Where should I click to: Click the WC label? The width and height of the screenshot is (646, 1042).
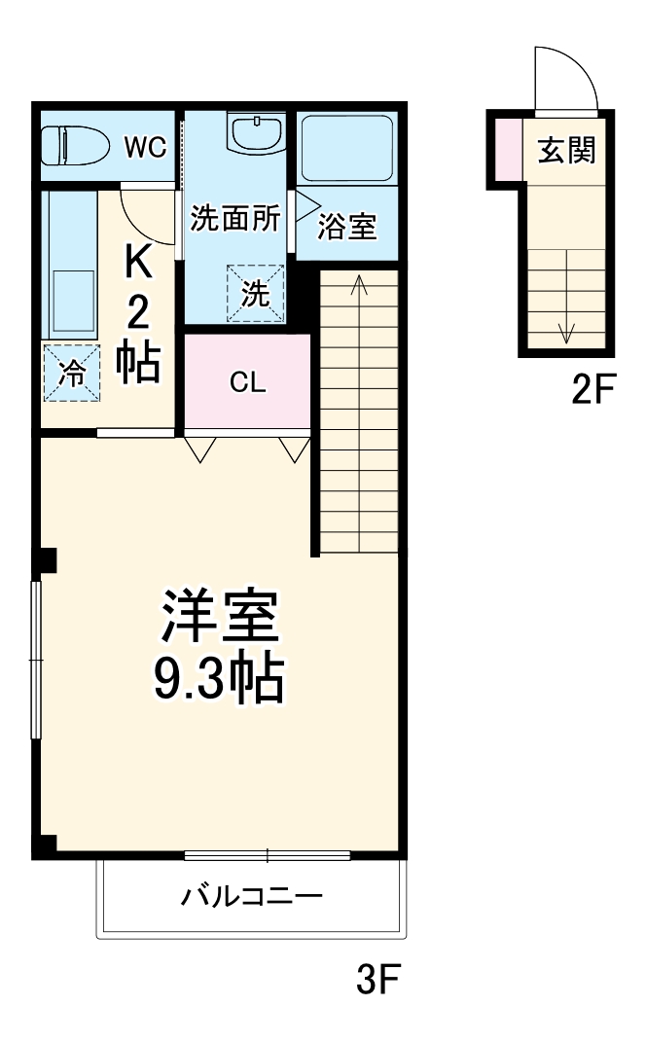tap(145, 147)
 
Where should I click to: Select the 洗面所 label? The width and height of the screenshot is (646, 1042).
tap(234, 219)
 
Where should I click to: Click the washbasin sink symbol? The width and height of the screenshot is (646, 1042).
tap(256, 132)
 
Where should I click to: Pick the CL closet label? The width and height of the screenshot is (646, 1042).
tap(247, 382)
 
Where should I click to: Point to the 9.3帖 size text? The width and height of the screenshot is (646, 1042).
tap(220, 678)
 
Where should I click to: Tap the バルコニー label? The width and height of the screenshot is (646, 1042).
tap(251, 895)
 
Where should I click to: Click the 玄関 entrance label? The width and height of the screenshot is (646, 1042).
tap(567, 151)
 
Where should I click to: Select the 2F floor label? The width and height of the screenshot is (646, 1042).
tap(593, 389)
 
